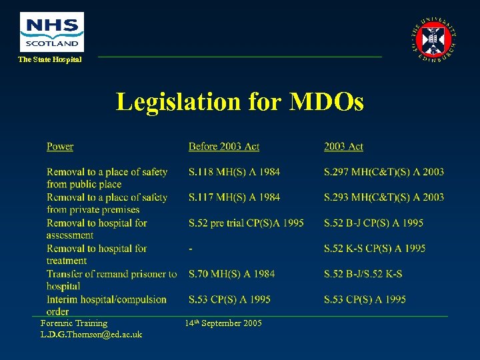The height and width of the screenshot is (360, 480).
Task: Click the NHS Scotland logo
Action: (x=52, y=31)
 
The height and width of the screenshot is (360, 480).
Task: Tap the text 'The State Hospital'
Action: (x=50, y=60)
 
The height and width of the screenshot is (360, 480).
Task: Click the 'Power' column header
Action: (x=60, y=147)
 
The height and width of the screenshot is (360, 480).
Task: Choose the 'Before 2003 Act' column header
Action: (x=223, y=147)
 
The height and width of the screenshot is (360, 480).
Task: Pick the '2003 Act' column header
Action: (x=343, y=147)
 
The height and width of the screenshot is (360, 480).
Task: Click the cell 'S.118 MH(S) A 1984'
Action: (x=234, y=172)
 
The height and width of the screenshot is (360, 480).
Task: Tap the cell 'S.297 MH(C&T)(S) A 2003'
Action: (x=383, y=172)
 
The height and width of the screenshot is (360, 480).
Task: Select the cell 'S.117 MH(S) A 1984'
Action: (x=234, y=197)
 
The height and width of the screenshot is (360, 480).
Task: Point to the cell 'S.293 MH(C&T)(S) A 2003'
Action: (x=383, y=197)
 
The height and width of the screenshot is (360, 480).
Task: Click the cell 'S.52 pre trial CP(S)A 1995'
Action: (x=246, y=223)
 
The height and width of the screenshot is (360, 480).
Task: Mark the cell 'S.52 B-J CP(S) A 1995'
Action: (x=373, y=223)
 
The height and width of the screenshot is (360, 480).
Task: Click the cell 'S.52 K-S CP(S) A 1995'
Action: (x=375, y=249)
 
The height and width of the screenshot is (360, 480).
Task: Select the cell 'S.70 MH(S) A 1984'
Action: (x=231, y=274)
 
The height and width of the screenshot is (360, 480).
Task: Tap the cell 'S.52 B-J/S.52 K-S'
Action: (x=363, y=274)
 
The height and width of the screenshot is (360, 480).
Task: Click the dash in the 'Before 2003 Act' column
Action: (x=191, y=249)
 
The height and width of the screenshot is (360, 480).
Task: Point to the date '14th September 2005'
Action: (x=223, y=323)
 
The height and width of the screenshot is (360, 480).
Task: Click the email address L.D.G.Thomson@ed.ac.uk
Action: (x=91, y=334)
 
